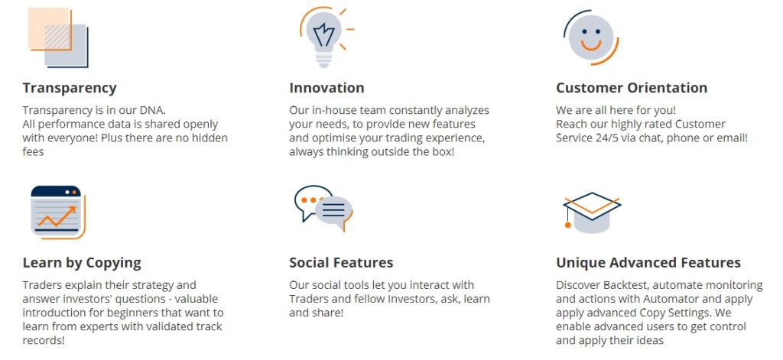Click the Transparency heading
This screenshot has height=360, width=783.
point(70,88)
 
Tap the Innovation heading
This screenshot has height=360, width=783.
point(327,88)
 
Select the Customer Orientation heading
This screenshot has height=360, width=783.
point(632,88)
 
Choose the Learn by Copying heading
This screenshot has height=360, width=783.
point(82,263)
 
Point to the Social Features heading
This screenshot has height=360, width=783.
point(341,263)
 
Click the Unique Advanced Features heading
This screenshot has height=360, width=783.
point(648,263)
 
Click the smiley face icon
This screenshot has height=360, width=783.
point(591,37)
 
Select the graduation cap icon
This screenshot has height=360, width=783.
point(593,212)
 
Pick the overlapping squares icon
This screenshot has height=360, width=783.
point(58,37)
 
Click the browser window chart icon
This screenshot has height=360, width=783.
point(58,212)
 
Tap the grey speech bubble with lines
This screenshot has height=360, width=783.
point(333,210)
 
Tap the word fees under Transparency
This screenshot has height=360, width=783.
point(33,152)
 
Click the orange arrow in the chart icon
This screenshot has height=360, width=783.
point(57,216)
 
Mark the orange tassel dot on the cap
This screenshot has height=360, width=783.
point(568,225)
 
